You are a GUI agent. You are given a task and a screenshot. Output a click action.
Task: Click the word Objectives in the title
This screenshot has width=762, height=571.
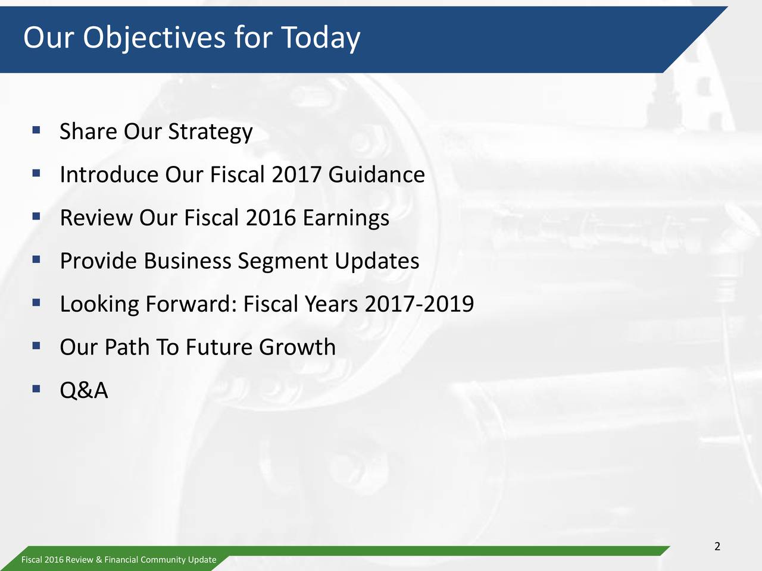click(x=154, y=39)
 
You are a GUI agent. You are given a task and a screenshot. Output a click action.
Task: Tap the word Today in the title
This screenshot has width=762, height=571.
click(x=320, y=39)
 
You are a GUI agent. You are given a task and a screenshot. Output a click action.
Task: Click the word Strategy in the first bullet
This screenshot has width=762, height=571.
click(x=210, y=132)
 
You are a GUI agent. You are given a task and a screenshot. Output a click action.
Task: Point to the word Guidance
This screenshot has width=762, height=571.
click(x=376, y=175)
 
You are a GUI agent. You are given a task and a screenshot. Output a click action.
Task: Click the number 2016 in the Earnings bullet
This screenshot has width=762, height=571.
click(x=271, y=218)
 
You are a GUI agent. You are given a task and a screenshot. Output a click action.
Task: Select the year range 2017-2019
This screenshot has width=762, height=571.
click(x=419, y=305)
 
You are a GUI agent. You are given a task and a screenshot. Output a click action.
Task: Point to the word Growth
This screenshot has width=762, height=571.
click(x=297, y=347)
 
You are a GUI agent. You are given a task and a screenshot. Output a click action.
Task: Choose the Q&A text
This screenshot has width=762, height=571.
click(x=84, y=391)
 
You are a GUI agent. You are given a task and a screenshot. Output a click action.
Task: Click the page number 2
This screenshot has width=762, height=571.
click(x=717, y=547)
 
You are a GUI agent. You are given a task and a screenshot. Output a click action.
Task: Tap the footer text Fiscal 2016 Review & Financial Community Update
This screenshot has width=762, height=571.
click(x=118, y=560)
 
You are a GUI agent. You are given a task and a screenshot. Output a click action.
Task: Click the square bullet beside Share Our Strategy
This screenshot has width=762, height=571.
click(x=36, y=129)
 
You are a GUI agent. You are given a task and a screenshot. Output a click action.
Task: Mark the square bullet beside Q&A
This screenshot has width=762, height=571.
click(x=36, y=389)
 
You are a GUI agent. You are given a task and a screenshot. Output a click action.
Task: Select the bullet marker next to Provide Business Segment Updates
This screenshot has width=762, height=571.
click(x=36, y=259)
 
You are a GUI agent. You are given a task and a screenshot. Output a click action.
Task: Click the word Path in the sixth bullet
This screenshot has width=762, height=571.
click(x=126, y=347)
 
